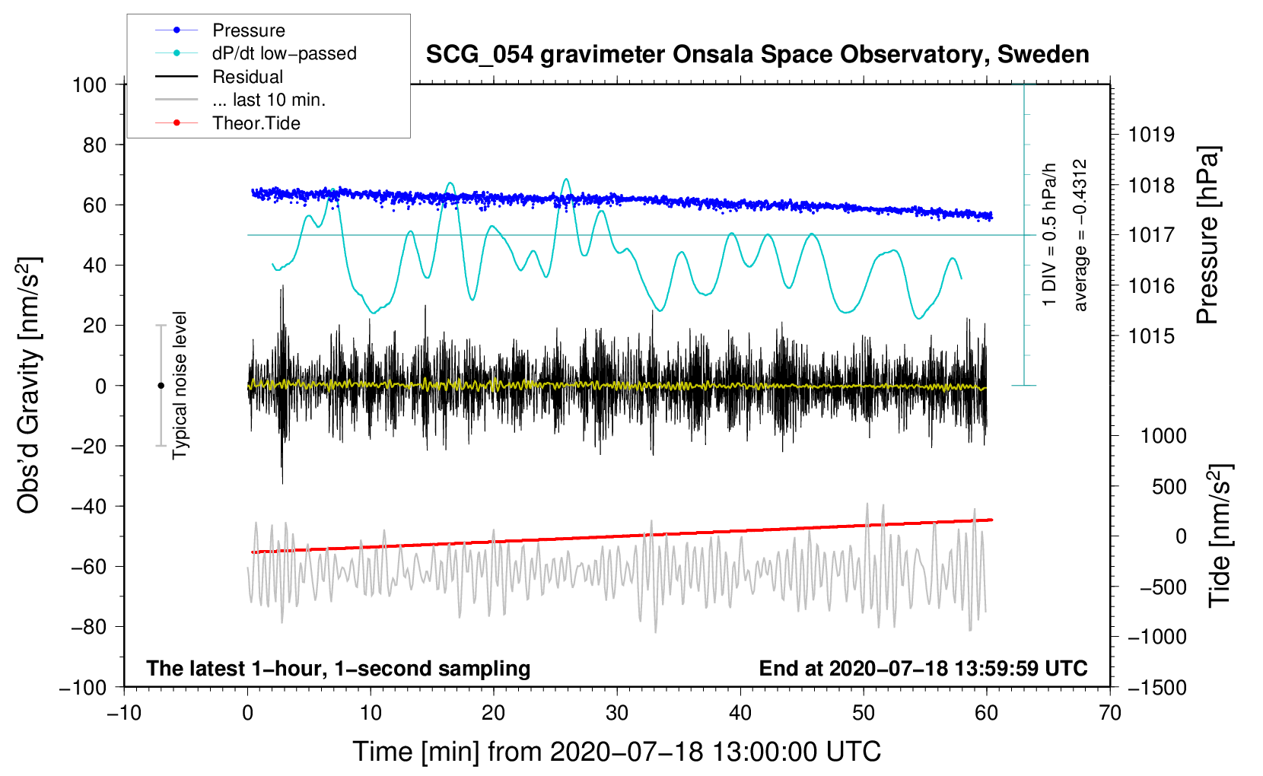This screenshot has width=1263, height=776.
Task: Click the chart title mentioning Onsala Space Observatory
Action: tap(757, 55)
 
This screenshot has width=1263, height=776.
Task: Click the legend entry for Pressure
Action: tap(248, 30)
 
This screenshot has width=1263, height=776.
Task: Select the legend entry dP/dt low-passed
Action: tap(284, 53)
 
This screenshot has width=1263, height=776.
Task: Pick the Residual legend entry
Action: tap(247, 77)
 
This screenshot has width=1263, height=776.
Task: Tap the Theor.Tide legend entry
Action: tap(256, 123)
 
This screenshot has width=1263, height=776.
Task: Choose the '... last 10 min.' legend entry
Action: tap(269, 100)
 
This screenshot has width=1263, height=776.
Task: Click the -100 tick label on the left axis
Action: tap(84, 687)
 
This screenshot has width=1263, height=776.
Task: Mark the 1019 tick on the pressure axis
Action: tap(1151, 135)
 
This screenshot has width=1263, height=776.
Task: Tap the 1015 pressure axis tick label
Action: tap(1151, 336)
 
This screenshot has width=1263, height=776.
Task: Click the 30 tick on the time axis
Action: tap(617, 713)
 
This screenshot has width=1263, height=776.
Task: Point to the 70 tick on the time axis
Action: tap(1110, 713)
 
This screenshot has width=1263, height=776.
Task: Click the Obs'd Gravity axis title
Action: tap(29, 385)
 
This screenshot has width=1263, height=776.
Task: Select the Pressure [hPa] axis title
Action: tap(1207, 236)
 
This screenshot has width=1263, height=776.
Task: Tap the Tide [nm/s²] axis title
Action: tap(1220, 535)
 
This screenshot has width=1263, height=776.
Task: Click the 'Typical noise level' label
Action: tap(180, 385)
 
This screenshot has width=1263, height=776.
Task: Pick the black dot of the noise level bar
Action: tap(161, 386)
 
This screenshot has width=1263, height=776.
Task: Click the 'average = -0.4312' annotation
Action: tap(1080, 235)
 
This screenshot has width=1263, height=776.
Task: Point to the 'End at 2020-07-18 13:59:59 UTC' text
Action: tap(923, 668)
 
